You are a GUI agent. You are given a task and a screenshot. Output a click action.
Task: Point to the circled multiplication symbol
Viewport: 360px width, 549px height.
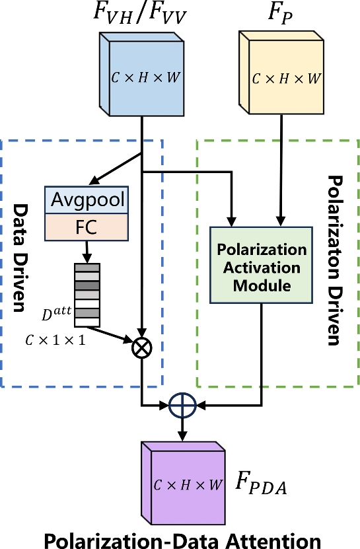(142, 345)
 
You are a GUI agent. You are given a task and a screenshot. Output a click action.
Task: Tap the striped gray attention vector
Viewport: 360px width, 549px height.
(87, 295)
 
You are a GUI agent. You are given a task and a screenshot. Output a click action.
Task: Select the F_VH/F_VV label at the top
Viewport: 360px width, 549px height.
(141, 15)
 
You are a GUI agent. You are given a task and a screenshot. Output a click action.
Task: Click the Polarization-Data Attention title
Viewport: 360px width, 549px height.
(180, 536)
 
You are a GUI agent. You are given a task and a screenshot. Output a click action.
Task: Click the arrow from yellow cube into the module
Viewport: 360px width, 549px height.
(283, 172)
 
